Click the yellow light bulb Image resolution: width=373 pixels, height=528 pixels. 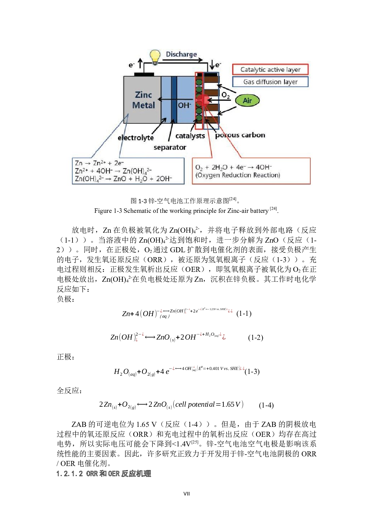pos(155,56)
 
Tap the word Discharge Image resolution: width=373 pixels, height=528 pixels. pos(181,54)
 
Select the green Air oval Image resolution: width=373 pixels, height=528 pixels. pos(247,101)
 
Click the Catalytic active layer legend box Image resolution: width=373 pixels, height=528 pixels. pos(270,70)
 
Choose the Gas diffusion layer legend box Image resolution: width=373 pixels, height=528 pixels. pos(270,82)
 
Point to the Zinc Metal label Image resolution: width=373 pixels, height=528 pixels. pos(143,100)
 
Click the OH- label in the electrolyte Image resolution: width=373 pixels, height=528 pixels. pos(184,105)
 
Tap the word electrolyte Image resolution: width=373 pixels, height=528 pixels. pos(136,138)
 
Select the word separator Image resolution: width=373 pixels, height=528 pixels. pos(170,148)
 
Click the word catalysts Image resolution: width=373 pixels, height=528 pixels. pos(190,136)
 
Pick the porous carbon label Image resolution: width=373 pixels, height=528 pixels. pos(240,135)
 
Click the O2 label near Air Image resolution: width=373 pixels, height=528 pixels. pos(226,95)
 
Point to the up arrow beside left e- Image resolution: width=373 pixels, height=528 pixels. pos(140,64)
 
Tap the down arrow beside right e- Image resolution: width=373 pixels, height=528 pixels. pos(212,64)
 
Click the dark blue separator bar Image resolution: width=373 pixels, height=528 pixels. pos(174,99)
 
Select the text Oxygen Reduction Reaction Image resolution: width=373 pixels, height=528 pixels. pos(238,175)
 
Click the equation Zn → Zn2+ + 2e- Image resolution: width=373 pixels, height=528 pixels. pos(99,163)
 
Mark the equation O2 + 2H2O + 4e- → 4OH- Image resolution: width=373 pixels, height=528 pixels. pos(233,167)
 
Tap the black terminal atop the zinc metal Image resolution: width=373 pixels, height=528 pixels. pos(144,74)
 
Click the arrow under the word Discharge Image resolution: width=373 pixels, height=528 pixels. pos(182,60)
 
